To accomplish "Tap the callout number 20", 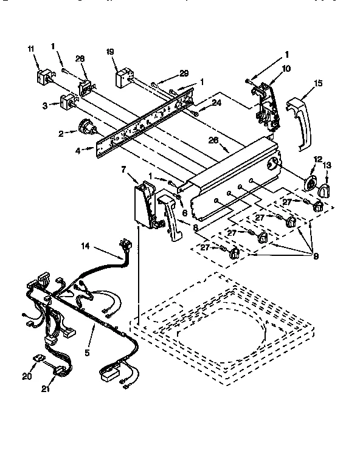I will (26, 376).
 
